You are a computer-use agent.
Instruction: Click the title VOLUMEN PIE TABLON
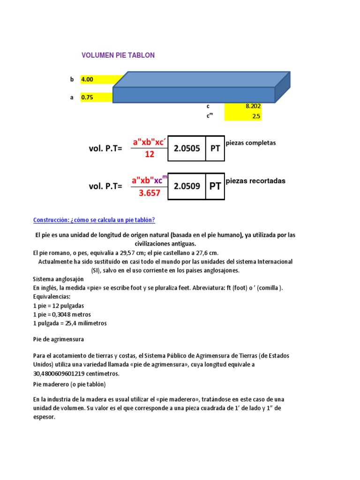tap(118, 55)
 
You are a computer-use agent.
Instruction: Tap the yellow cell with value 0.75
tap(97, 97)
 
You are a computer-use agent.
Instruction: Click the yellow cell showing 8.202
tap(243, 106)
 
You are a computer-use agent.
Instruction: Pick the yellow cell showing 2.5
tap(243, 116)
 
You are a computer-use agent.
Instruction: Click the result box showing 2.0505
tap(187, 148)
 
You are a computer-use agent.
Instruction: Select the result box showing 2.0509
tap(187, 186)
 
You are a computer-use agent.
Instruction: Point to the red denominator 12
tap(149, 154)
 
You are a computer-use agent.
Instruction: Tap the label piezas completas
tap(251, 143)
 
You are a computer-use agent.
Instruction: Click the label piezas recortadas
tap(255, 181)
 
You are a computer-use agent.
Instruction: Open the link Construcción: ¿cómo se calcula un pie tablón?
tap(94, 220)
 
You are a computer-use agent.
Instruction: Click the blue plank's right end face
tap(282, 87)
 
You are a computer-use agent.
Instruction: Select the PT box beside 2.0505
tap(215, 148)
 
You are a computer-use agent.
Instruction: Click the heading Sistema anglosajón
tap(58, 279)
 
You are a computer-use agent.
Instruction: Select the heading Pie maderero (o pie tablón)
tap(69, 384)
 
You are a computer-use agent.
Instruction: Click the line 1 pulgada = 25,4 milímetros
tap(70, 323)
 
